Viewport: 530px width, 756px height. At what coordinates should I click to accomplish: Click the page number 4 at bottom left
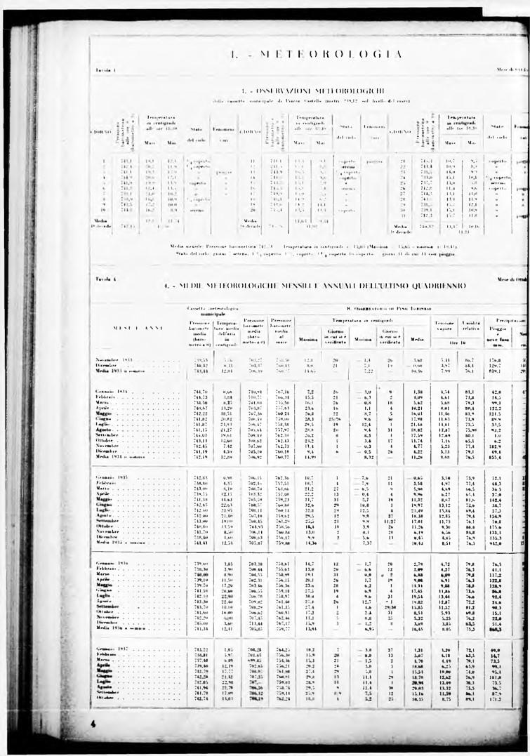(x=93, y=722)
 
